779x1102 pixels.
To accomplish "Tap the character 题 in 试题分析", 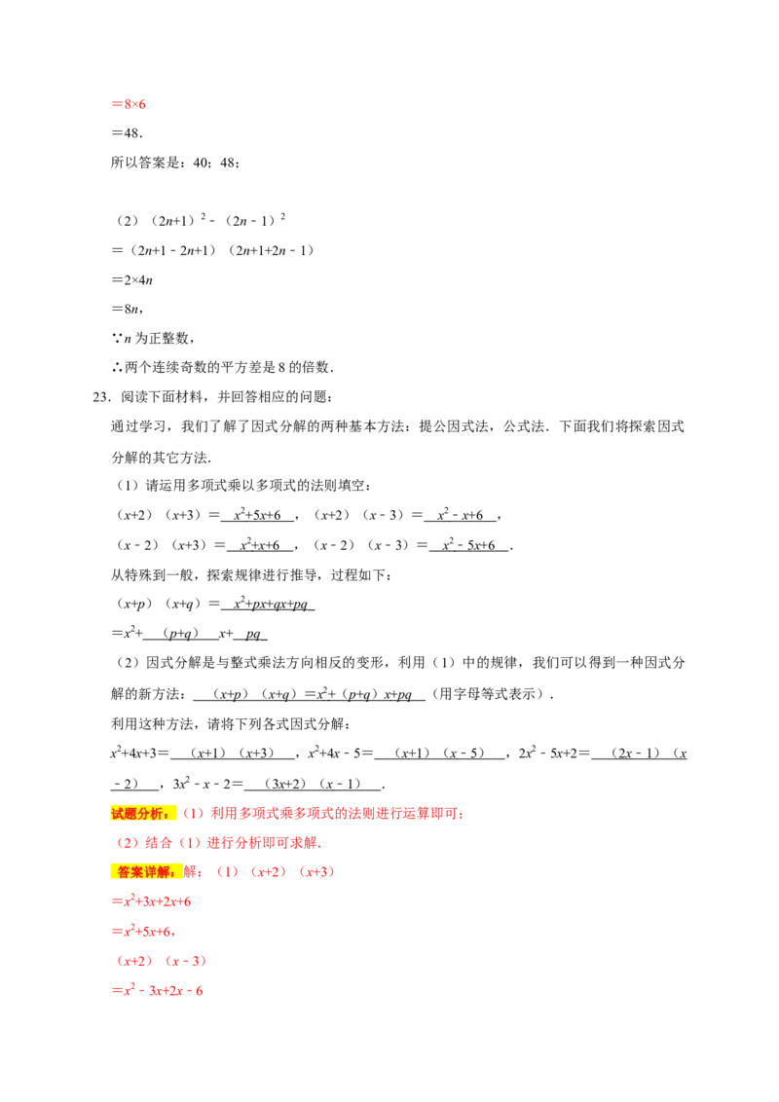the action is point(130,814).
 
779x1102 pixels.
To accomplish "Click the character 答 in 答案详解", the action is point(123,872).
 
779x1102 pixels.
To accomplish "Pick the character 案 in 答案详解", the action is point(136,872).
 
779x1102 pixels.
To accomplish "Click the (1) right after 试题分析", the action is point(194,814).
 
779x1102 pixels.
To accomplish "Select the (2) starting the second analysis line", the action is point(128,843).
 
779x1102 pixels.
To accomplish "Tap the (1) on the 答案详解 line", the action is point(227,872).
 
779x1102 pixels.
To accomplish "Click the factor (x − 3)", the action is point(186,962).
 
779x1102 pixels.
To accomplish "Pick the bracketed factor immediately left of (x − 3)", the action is point(135,962).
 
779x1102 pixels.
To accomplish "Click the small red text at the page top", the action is point(129,102).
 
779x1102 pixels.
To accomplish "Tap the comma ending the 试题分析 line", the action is point(462,816).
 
